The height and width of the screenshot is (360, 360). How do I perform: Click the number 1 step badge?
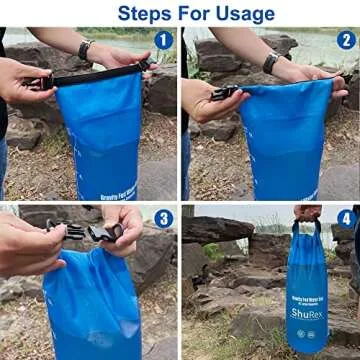coord(163,40)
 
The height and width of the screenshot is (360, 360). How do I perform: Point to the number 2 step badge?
coord(345,40)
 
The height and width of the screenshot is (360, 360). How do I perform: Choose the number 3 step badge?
coord(163,219)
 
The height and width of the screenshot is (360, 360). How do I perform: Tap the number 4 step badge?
coord(345,219)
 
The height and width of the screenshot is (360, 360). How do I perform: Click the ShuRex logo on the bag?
coord(306,311)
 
